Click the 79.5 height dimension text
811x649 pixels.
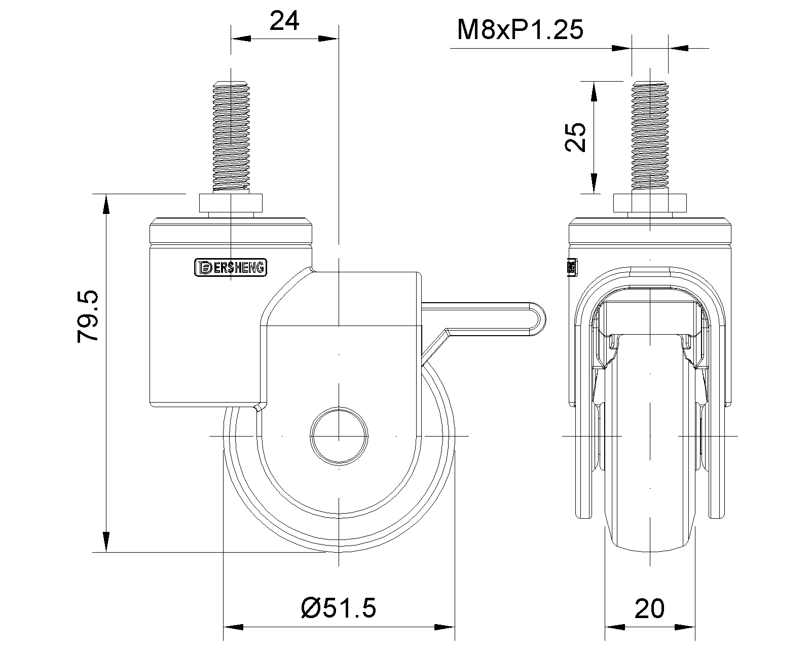click(87, 316)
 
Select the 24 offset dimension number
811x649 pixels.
click(284, 21)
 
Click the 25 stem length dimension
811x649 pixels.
click(575, 137)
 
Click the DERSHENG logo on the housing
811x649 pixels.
click(231, 267)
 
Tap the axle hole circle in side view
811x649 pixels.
click(339, 436)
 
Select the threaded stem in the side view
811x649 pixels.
click(231, 135)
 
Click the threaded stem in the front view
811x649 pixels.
click(650, 135)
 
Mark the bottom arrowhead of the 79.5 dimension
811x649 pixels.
click(106, 543)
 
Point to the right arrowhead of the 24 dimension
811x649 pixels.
click(328, 39)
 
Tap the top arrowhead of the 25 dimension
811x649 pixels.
click(594, 91)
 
